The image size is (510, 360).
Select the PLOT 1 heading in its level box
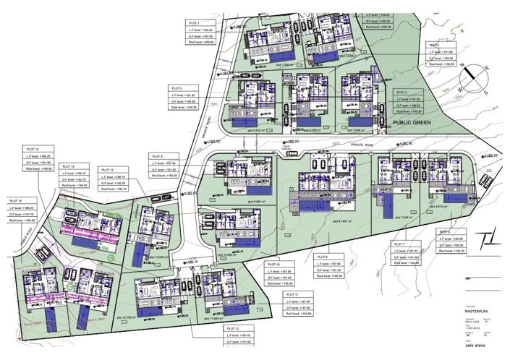coord(193,23)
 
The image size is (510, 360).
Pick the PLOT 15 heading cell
coord(17,200)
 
